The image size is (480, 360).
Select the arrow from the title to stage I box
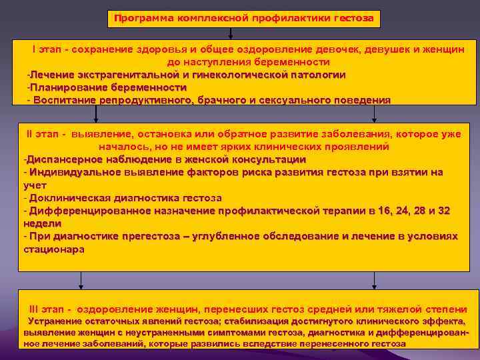click(238, 32)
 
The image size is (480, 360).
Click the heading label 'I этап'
click(47, 50)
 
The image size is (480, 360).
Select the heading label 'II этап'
click(41, 134)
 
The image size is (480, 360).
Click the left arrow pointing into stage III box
click(80, 280)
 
